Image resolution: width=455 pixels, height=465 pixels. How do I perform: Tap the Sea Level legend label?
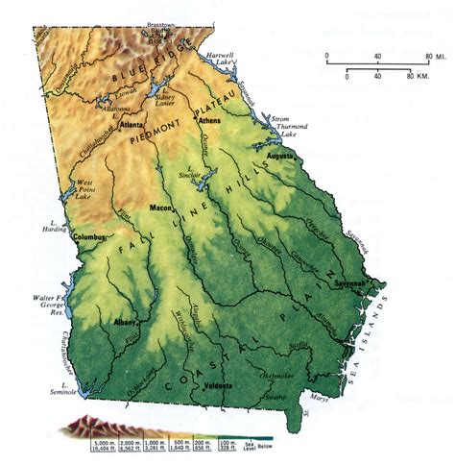(274, 443)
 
